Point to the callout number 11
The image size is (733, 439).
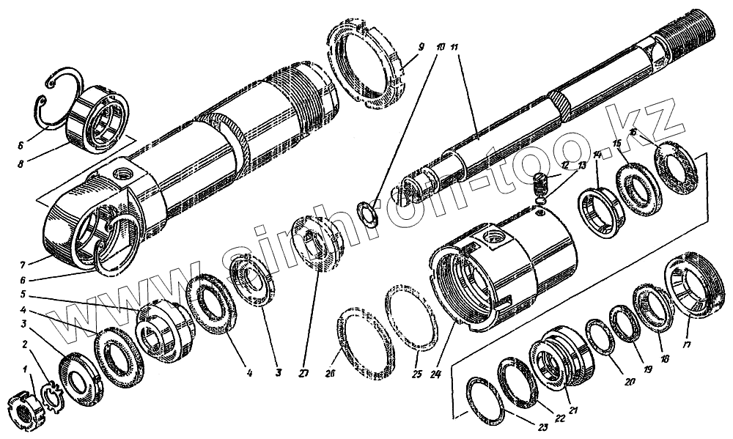pyautogui.click(x=455, y=49)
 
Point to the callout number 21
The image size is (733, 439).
pyautogui.click(x=573, y=410)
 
